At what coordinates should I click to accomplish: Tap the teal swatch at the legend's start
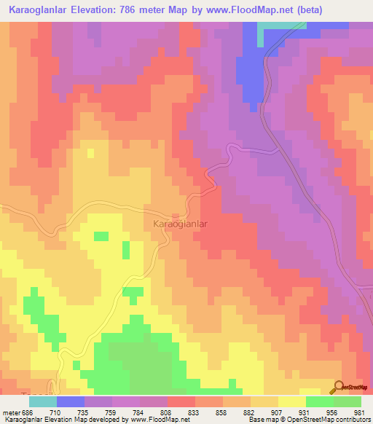point(42,401)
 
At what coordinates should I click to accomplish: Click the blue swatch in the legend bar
point(70,401)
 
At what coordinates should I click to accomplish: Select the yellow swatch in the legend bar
point(291,401)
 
